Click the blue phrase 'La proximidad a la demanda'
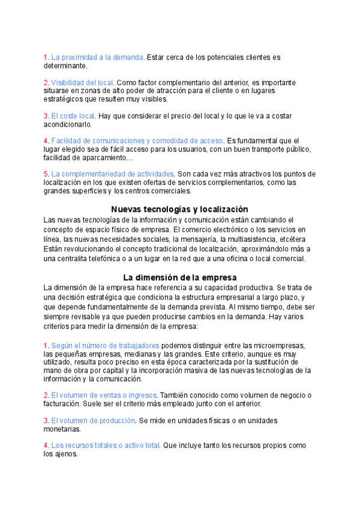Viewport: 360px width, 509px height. pos(97,58)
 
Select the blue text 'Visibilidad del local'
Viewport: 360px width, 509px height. pos(83,82)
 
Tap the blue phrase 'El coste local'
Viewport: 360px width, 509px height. pos(73,116)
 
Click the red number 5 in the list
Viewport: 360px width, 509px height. pos(46,174)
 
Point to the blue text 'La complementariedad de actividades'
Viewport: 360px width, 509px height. pos(113,174)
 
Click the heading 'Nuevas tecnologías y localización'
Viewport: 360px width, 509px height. pos(179,209)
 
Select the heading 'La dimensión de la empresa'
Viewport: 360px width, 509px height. pos(179,278)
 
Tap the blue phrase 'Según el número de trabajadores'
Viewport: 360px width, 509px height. pos(105,346)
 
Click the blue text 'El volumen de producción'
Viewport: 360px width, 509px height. pos(93,421)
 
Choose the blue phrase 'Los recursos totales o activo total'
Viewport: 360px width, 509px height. pos(106,446)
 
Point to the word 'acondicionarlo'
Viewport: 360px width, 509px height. pos(67,124)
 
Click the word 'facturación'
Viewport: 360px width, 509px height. pos(62,404)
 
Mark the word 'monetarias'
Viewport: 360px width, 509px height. pos(62,429)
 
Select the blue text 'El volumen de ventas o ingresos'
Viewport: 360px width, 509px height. pos(104,396)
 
